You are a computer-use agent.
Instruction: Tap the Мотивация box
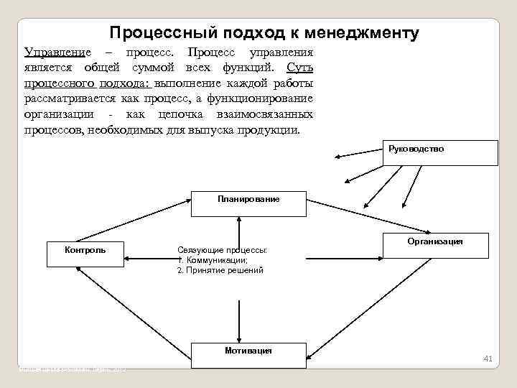tap(248, 356)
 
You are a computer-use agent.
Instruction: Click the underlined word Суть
tap(299, 68)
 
